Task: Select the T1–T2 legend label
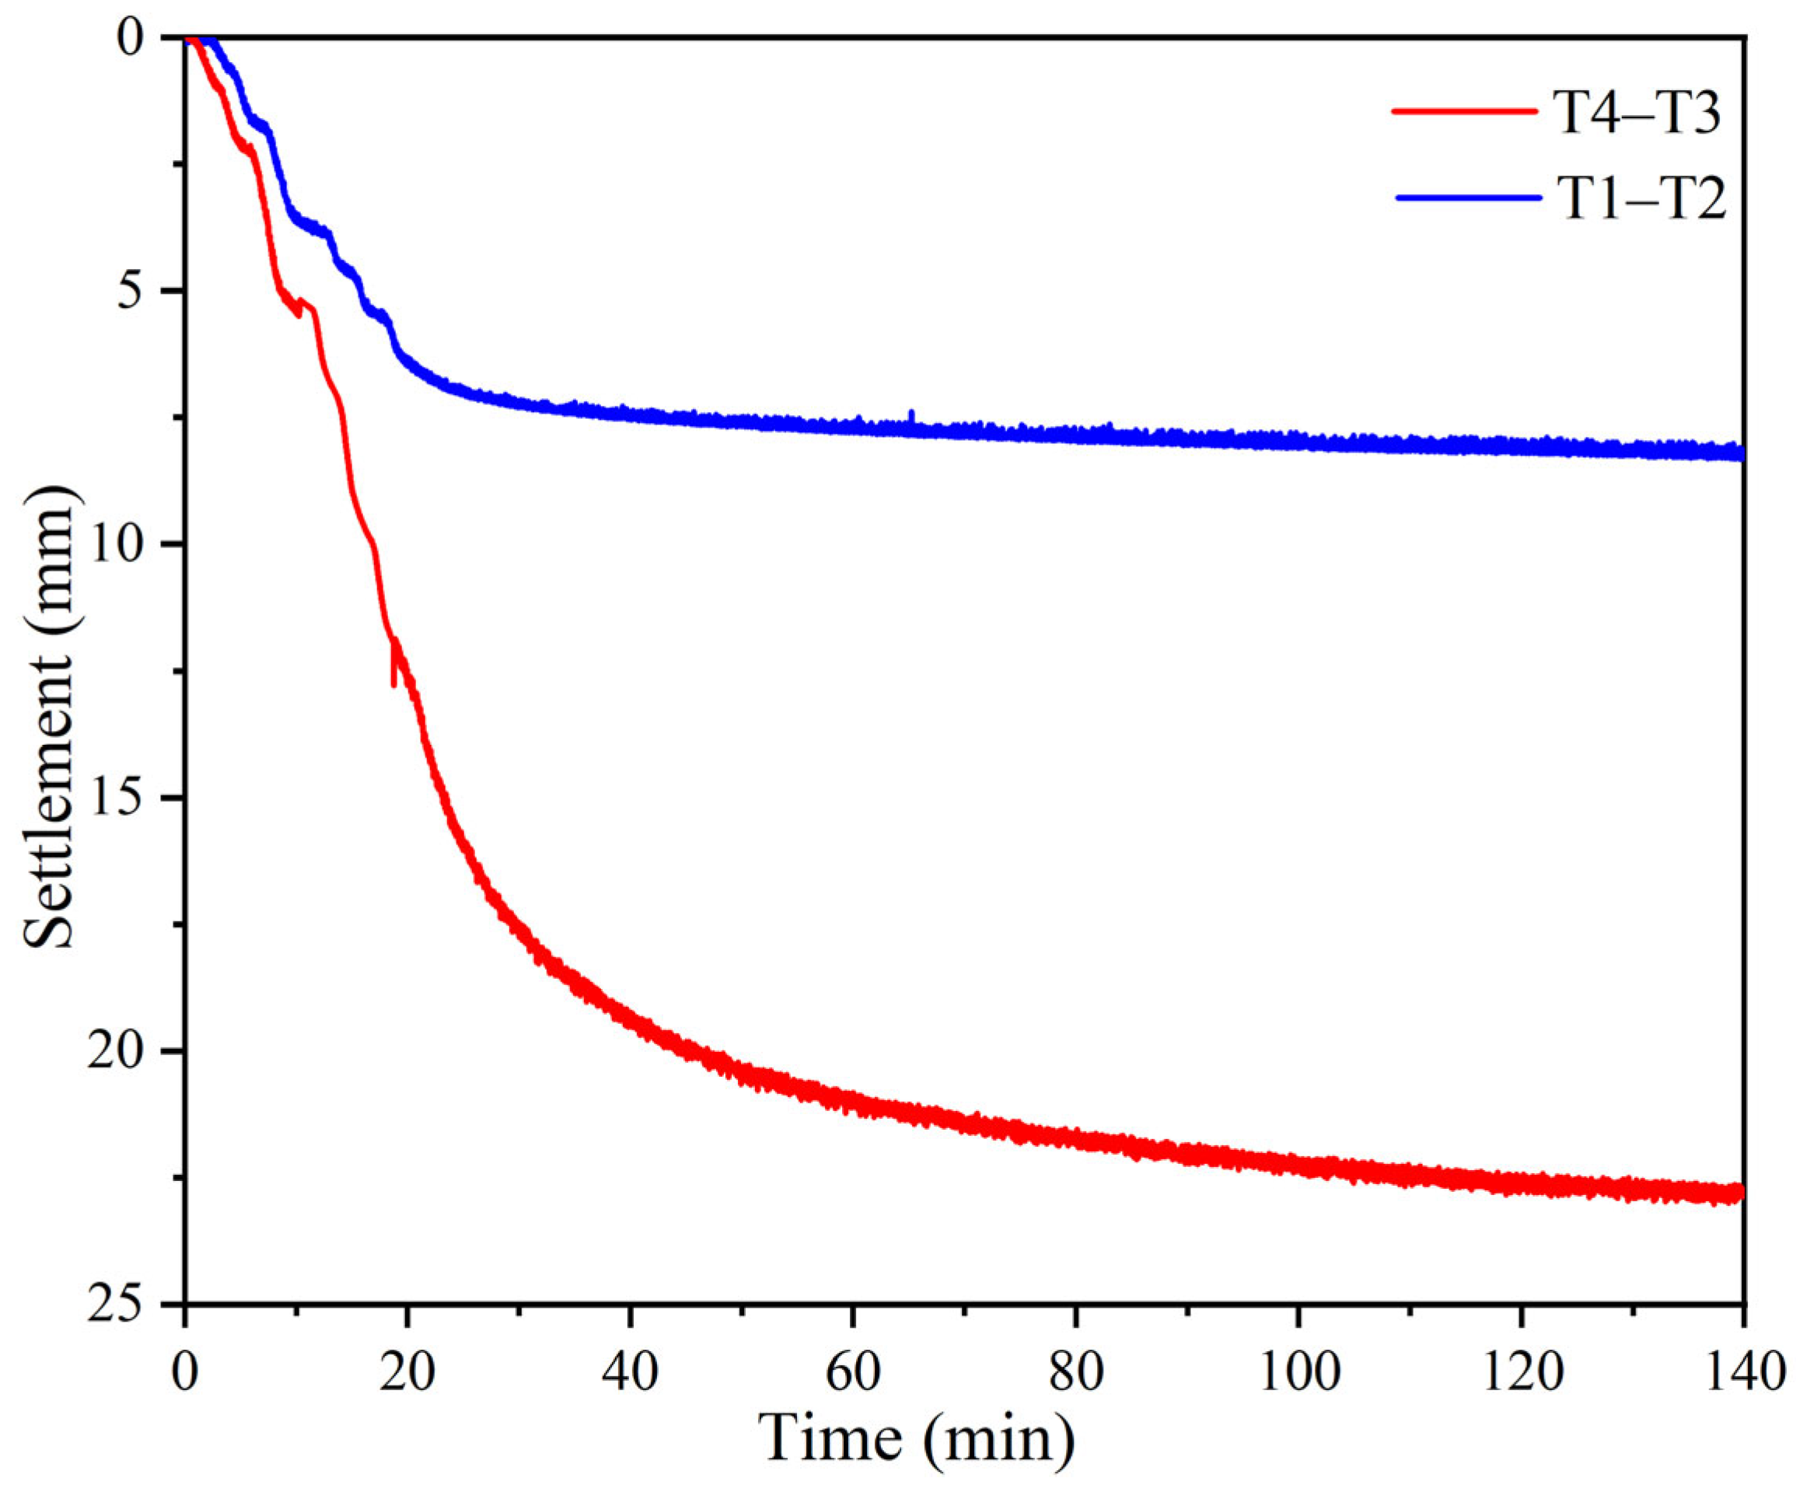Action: [x=1639, y=202]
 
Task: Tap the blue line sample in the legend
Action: [x=1462, y=198]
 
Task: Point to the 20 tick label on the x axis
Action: [x=407, y=1372]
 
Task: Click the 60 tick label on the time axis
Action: [x=853, y=1372]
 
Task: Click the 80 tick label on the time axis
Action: [x=1075, y=1372]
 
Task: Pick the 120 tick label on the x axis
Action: [x=1521, y=1372]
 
